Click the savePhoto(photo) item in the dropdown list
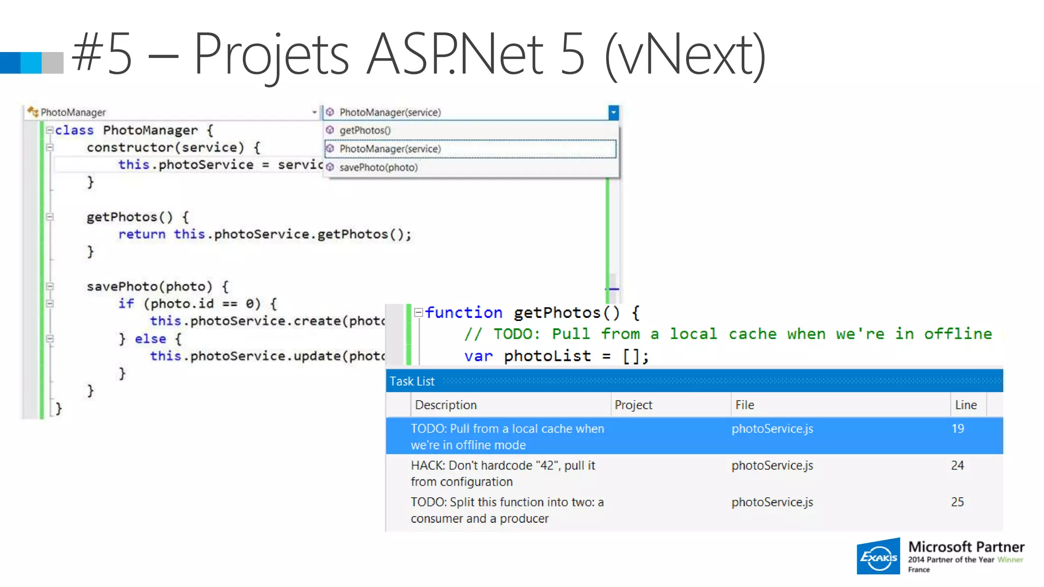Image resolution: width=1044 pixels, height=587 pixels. (x=378, y=168)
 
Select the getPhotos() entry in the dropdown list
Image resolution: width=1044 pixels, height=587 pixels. (x=365, y=130)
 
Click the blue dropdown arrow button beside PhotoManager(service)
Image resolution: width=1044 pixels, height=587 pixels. (x=613, y=112)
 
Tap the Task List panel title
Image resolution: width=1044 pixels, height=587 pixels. (x=412, y=381)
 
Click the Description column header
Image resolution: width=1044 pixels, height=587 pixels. (x=446, y=405)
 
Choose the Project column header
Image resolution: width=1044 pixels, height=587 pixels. (x=633, y=405)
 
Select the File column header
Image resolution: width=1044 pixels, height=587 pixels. (x=744, y=405)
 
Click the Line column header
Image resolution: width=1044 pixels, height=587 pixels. (x=965, y=405)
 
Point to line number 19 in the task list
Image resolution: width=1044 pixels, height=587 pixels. (x=958, y=429)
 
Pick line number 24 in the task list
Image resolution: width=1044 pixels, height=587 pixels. (x=957, y=465)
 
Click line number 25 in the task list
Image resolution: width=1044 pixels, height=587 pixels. (x=957, y=502)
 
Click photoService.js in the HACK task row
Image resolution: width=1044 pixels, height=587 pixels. (x=772, y=465)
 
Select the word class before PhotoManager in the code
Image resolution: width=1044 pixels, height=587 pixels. (x=74, y=130)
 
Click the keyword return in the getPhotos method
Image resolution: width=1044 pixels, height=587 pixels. (x=142, y=234)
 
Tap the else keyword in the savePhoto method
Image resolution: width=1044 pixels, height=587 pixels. (x=150, y=339)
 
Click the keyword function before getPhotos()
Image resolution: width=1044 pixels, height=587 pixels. (x=464, y=312)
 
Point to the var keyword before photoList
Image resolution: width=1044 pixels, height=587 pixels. (x=478, y=356)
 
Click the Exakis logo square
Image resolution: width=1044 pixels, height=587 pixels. (x=878, y=556)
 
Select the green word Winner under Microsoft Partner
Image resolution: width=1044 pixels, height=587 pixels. (x=1010, y=559)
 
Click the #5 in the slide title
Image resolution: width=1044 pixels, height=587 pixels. (x=102, y=54)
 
